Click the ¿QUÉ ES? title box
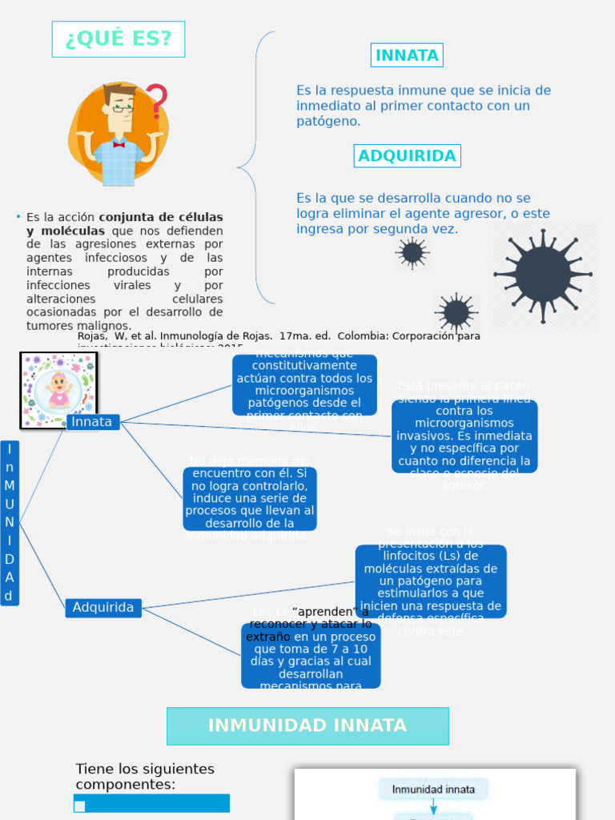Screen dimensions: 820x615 (119, 39)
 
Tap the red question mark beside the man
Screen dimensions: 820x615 (157, 102)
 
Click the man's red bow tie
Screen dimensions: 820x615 (119, 145)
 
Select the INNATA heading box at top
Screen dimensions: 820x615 (407, 55)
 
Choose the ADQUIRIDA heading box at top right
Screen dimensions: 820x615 (407, 156)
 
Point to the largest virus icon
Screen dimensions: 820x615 (543, 275)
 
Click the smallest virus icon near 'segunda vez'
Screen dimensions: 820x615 (412, 253)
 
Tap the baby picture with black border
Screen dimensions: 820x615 (58, 391)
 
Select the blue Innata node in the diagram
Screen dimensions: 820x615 (92, 422)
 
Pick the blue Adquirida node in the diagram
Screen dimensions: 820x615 (103, 608)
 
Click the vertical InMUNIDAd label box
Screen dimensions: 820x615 (10, 522)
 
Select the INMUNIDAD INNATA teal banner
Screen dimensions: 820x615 (307, 726)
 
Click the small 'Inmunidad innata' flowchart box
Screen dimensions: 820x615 (433, 790)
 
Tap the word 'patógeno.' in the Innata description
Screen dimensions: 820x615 (328, 122)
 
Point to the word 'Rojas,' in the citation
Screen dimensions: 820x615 (93, 336)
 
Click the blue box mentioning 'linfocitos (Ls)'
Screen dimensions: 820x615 (431, 581)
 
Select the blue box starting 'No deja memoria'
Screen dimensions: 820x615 (250, 498)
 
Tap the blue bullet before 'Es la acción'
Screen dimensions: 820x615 (18, 217)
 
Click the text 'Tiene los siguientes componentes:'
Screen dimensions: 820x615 (145, 776)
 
